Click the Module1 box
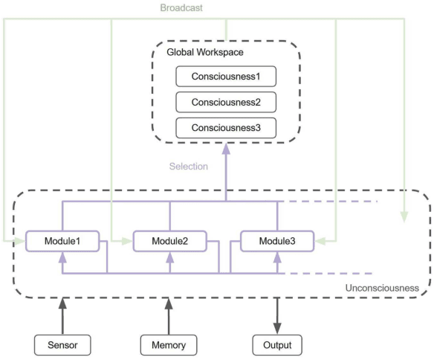(x=62, y=241)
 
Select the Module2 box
(x=169, y=241)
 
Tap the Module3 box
(x=276, y=241)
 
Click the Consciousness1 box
(x=225, y=76)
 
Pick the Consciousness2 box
(x=225, y=101)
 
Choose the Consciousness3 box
(x=225, y=126)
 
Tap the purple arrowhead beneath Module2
(x=169, y=257)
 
